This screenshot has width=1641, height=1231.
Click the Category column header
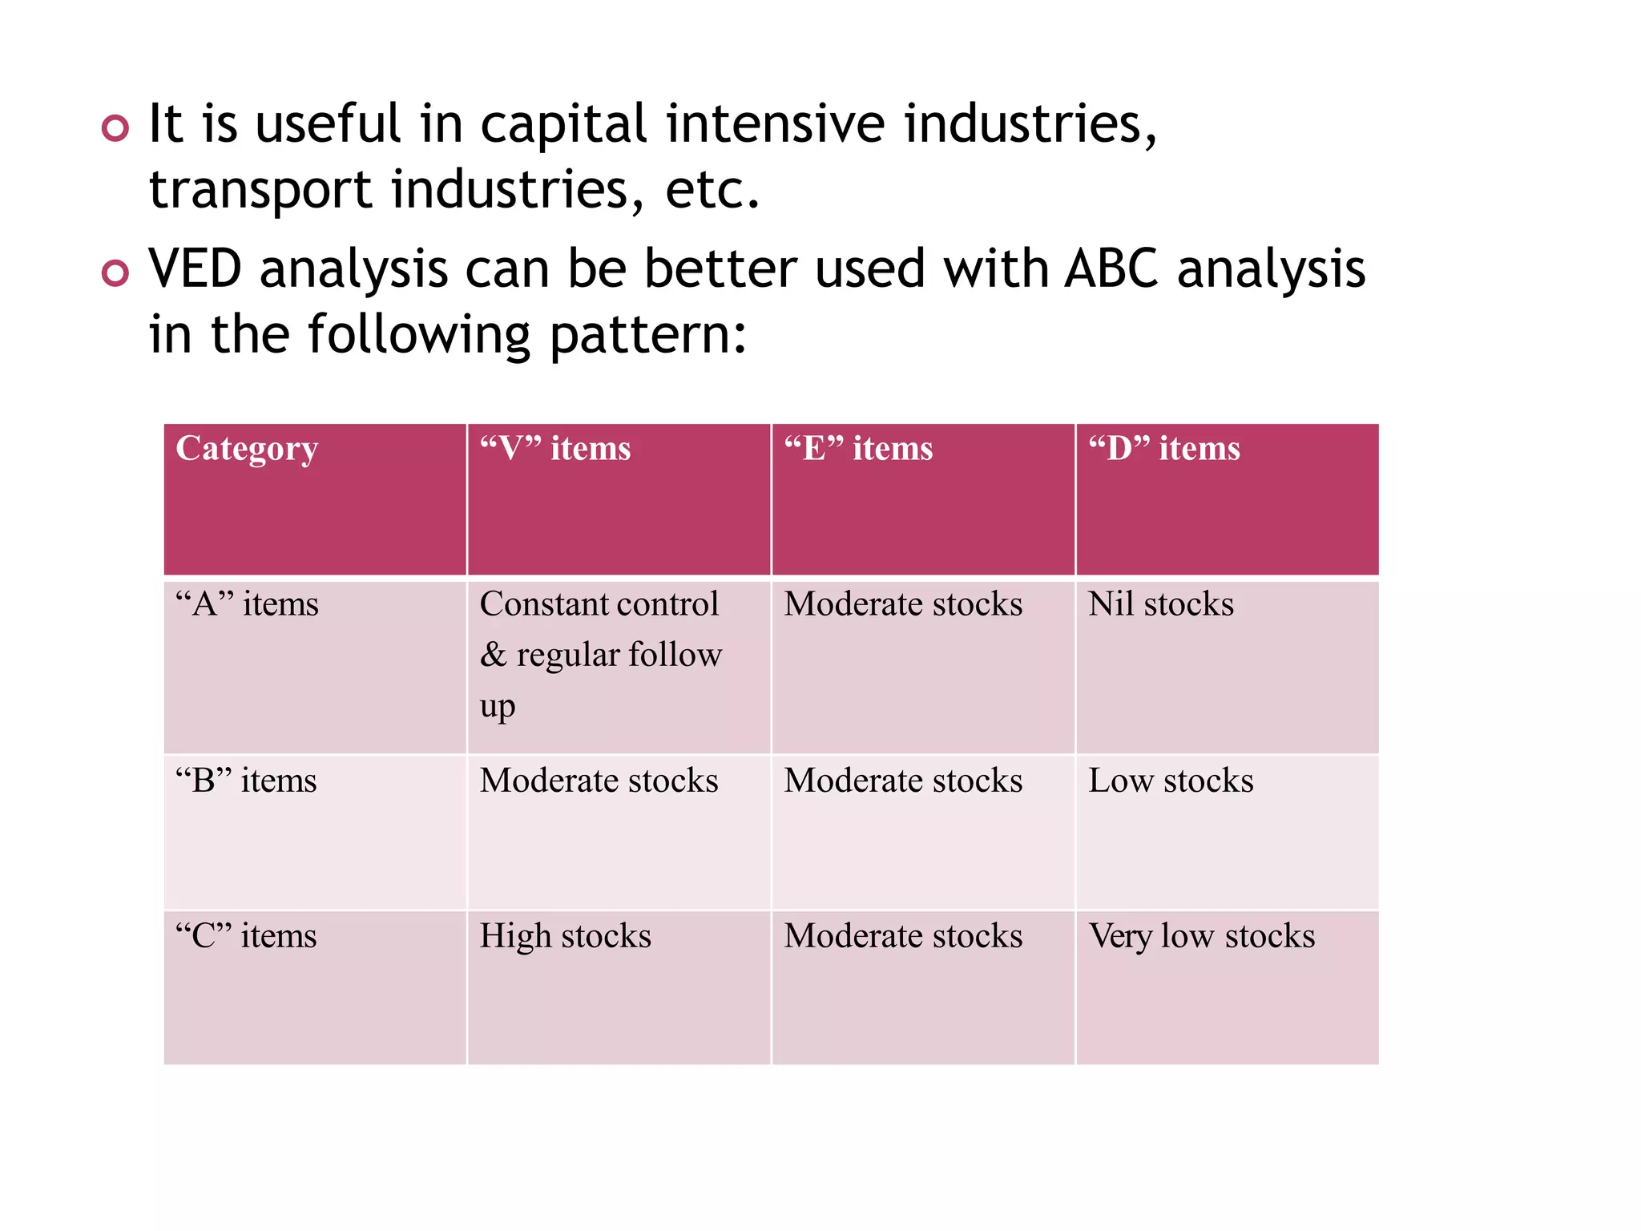(x=247, y=449)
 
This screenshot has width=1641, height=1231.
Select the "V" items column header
(x=554, y=448)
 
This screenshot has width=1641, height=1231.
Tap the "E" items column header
(x=858, y=448)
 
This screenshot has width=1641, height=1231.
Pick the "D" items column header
(x=1163, y=448)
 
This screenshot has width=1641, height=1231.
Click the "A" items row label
(x=247, y=604)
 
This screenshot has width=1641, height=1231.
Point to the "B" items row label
(x=246, y=781)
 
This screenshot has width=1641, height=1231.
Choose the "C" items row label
(x=246, y=936)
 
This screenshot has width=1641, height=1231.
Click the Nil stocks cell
(x=1160, y=604)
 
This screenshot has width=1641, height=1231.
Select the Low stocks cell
(x=1171, y=781)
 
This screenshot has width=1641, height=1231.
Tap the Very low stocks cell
(x=1201, y=936)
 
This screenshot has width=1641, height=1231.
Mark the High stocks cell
(x=565, y=936)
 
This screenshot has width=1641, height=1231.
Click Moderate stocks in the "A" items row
(x=903, y=604)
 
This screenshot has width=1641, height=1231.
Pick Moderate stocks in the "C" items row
(x=903, y=936)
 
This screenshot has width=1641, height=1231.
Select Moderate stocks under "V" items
(x=599, y=781)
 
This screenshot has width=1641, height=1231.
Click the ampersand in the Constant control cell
(x=493, y=656)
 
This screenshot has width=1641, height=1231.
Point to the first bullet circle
(x=115, y=128)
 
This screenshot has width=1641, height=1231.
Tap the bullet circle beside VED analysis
(x=115, y=273)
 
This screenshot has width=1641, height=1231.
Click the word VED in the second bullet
(x=195, y=268)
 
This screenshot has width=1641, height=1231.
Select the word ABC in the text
(x=1111, y=268)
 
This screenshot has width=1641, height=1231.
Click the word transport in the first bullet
(x=260, y=191)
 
